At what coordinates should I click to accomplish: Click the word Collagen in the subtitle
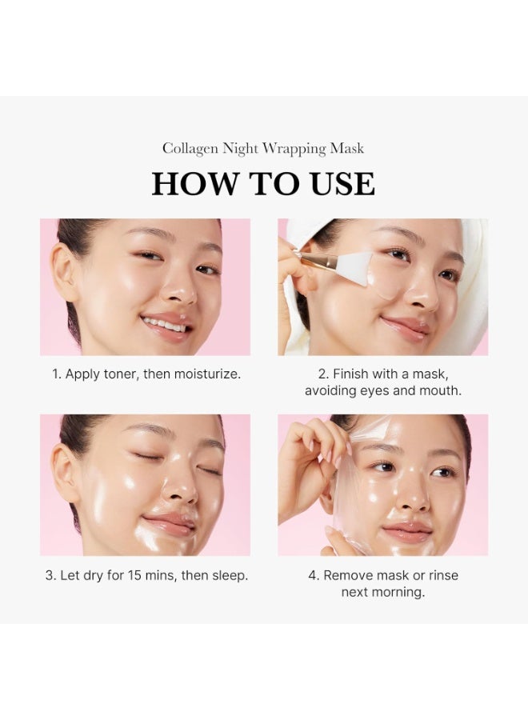click(x=190, y=149)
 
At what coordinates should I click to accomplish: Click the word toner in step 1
click(x=120, y=374)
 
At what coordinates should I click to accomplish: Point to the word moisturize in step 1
click(x=206, y=374)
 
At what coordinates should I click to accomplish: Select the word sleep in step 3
click(x=229, y=575)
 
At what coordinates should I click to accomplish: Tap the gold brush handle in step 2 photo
click(x=310, y=258)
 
